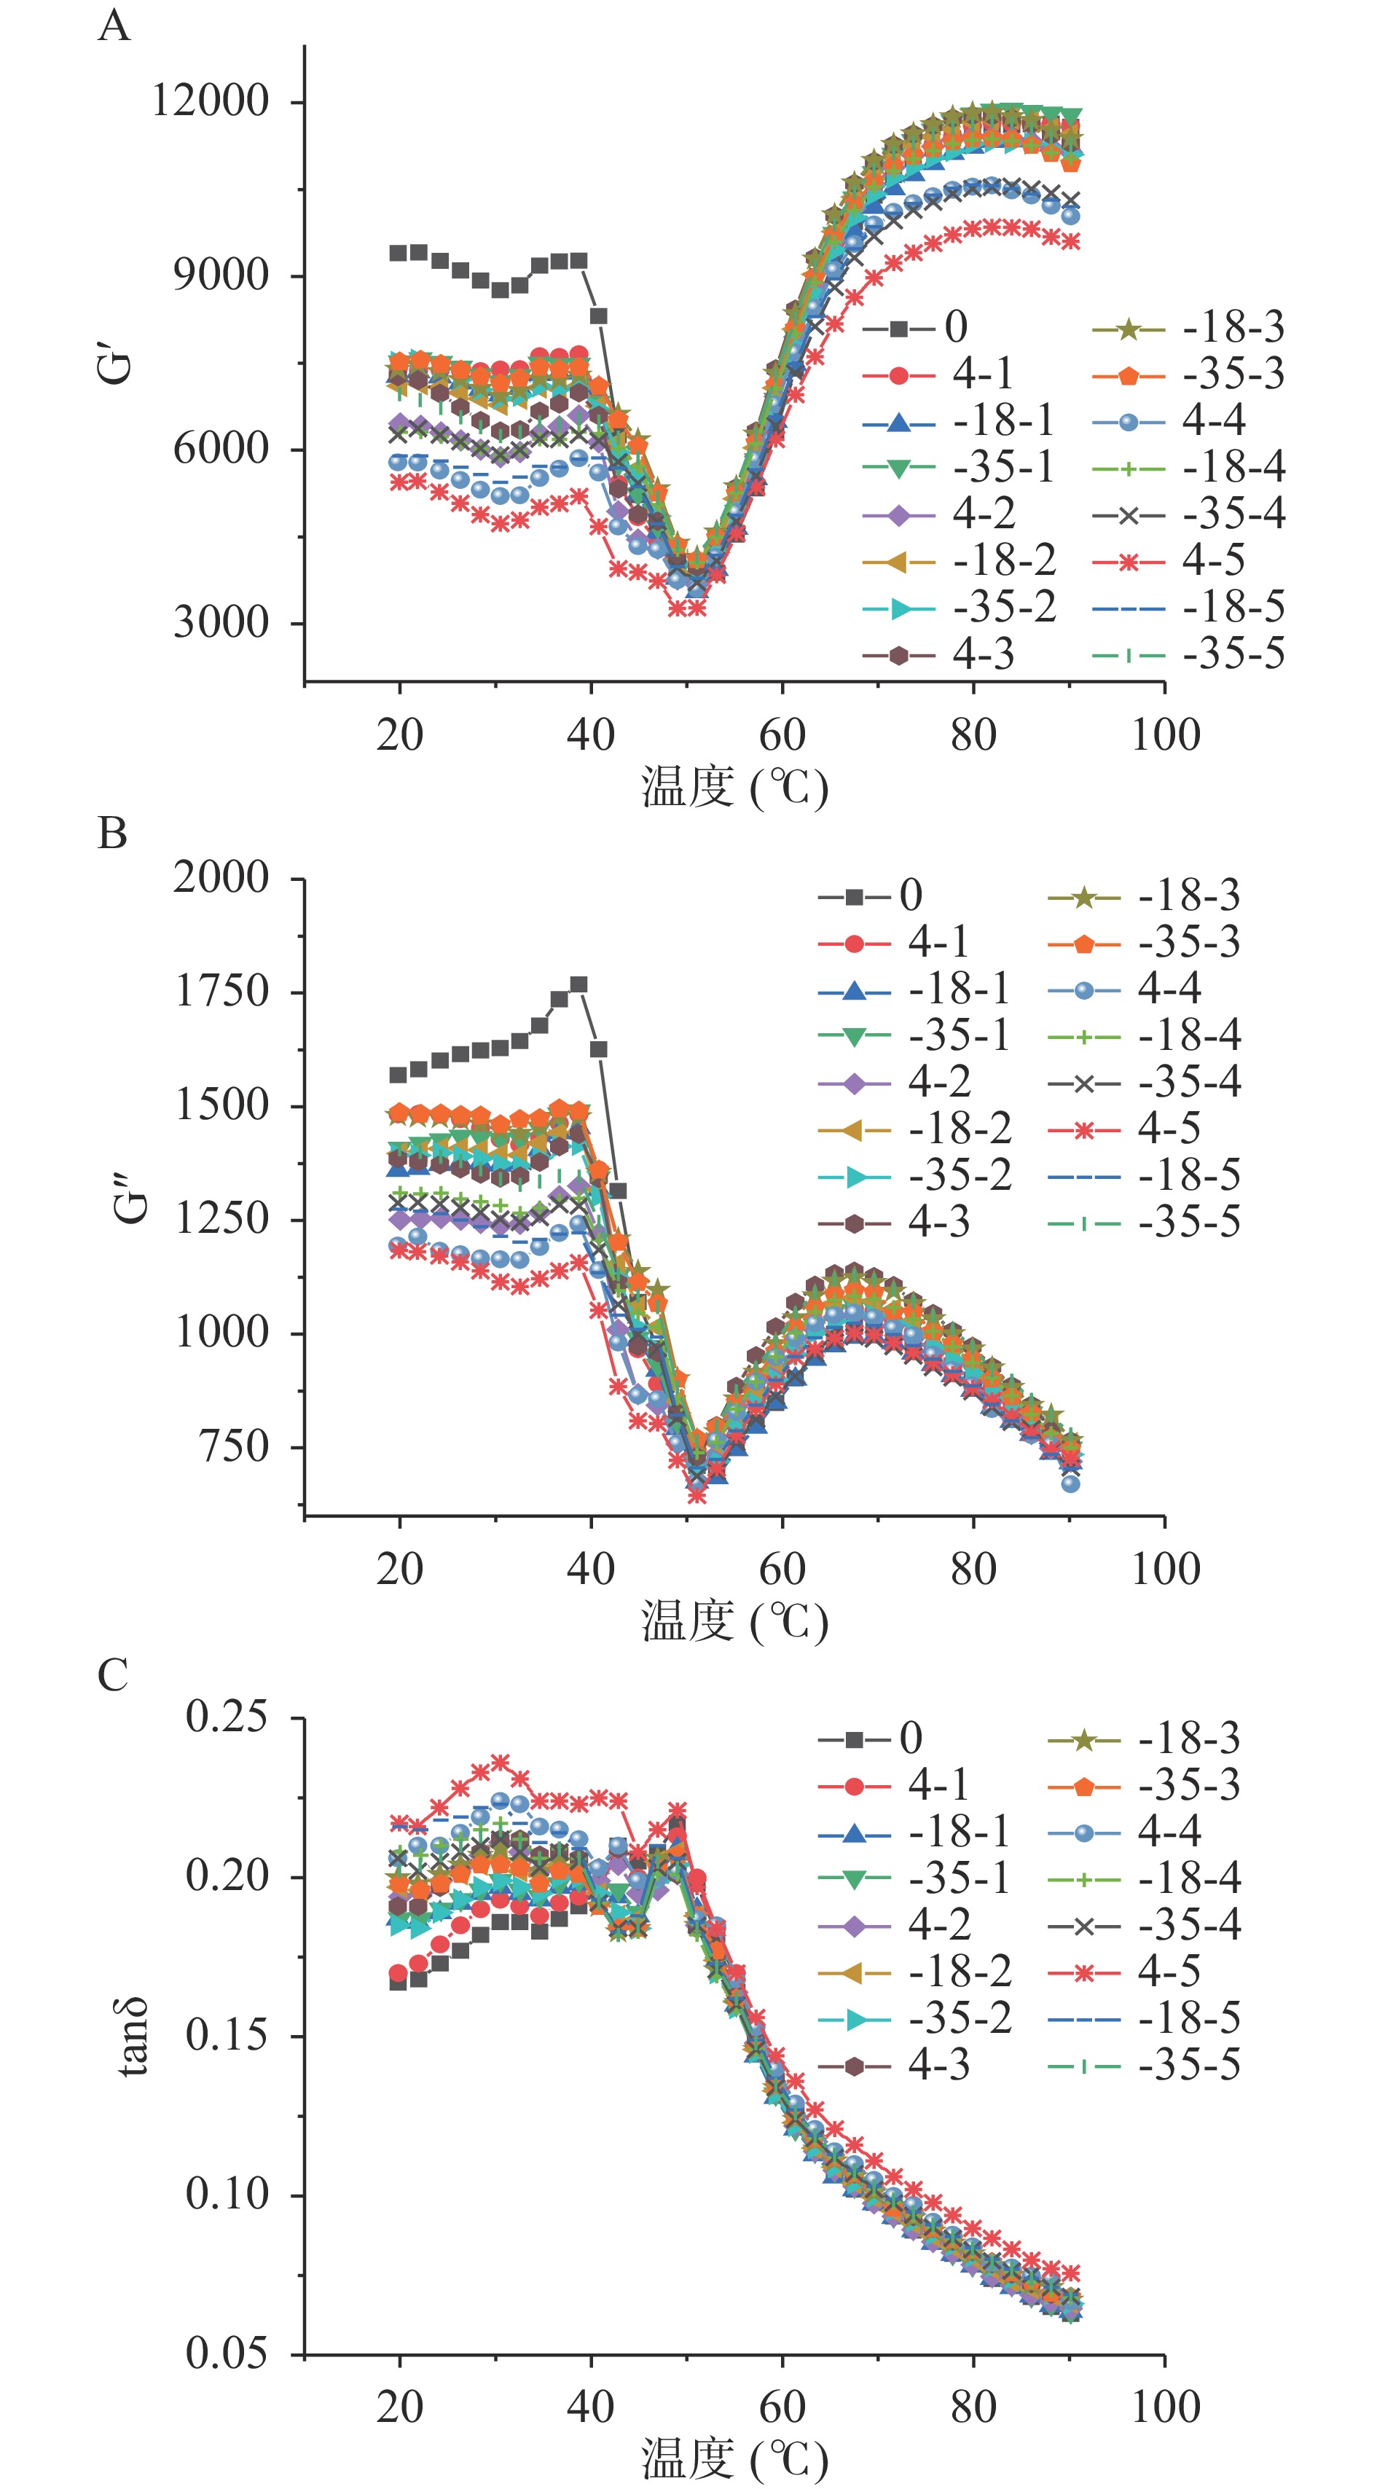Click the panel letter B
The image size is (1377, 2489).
(113, 833)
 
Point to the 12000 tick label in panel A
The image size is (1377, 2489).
(211, 100)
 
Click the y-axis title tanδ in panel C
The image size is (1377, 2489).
(133, 2037)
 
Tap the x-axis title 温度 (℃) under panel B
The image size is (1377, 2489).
(734, 1621)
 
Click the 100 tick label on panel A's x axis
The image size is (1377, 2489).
(1166, 735)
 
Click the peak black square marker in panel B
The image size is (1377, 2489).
(578, 984)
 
